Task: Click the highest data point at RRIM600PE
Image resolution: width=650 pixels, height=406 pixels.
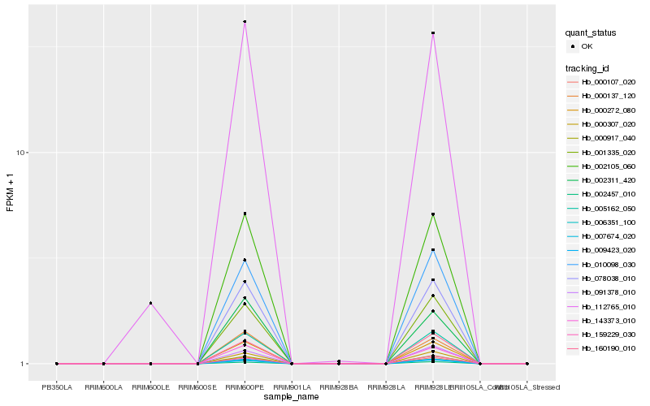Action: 245,22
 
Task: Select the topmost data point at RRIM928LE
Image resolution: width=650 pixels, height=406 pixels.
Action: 433,33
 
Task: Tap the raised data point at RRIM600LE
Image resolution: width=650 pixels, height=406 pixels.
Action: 150,304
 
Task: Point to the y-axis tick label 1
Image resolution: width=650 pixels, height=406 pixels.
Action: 25,364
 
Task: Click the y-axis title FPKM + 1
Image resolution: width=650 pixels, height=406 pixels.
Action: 11,193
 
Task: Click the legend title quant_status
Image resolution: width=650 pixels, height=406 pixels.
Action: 591,33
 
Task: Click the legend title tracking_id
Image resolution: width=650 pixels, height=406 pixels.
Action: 588,67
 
